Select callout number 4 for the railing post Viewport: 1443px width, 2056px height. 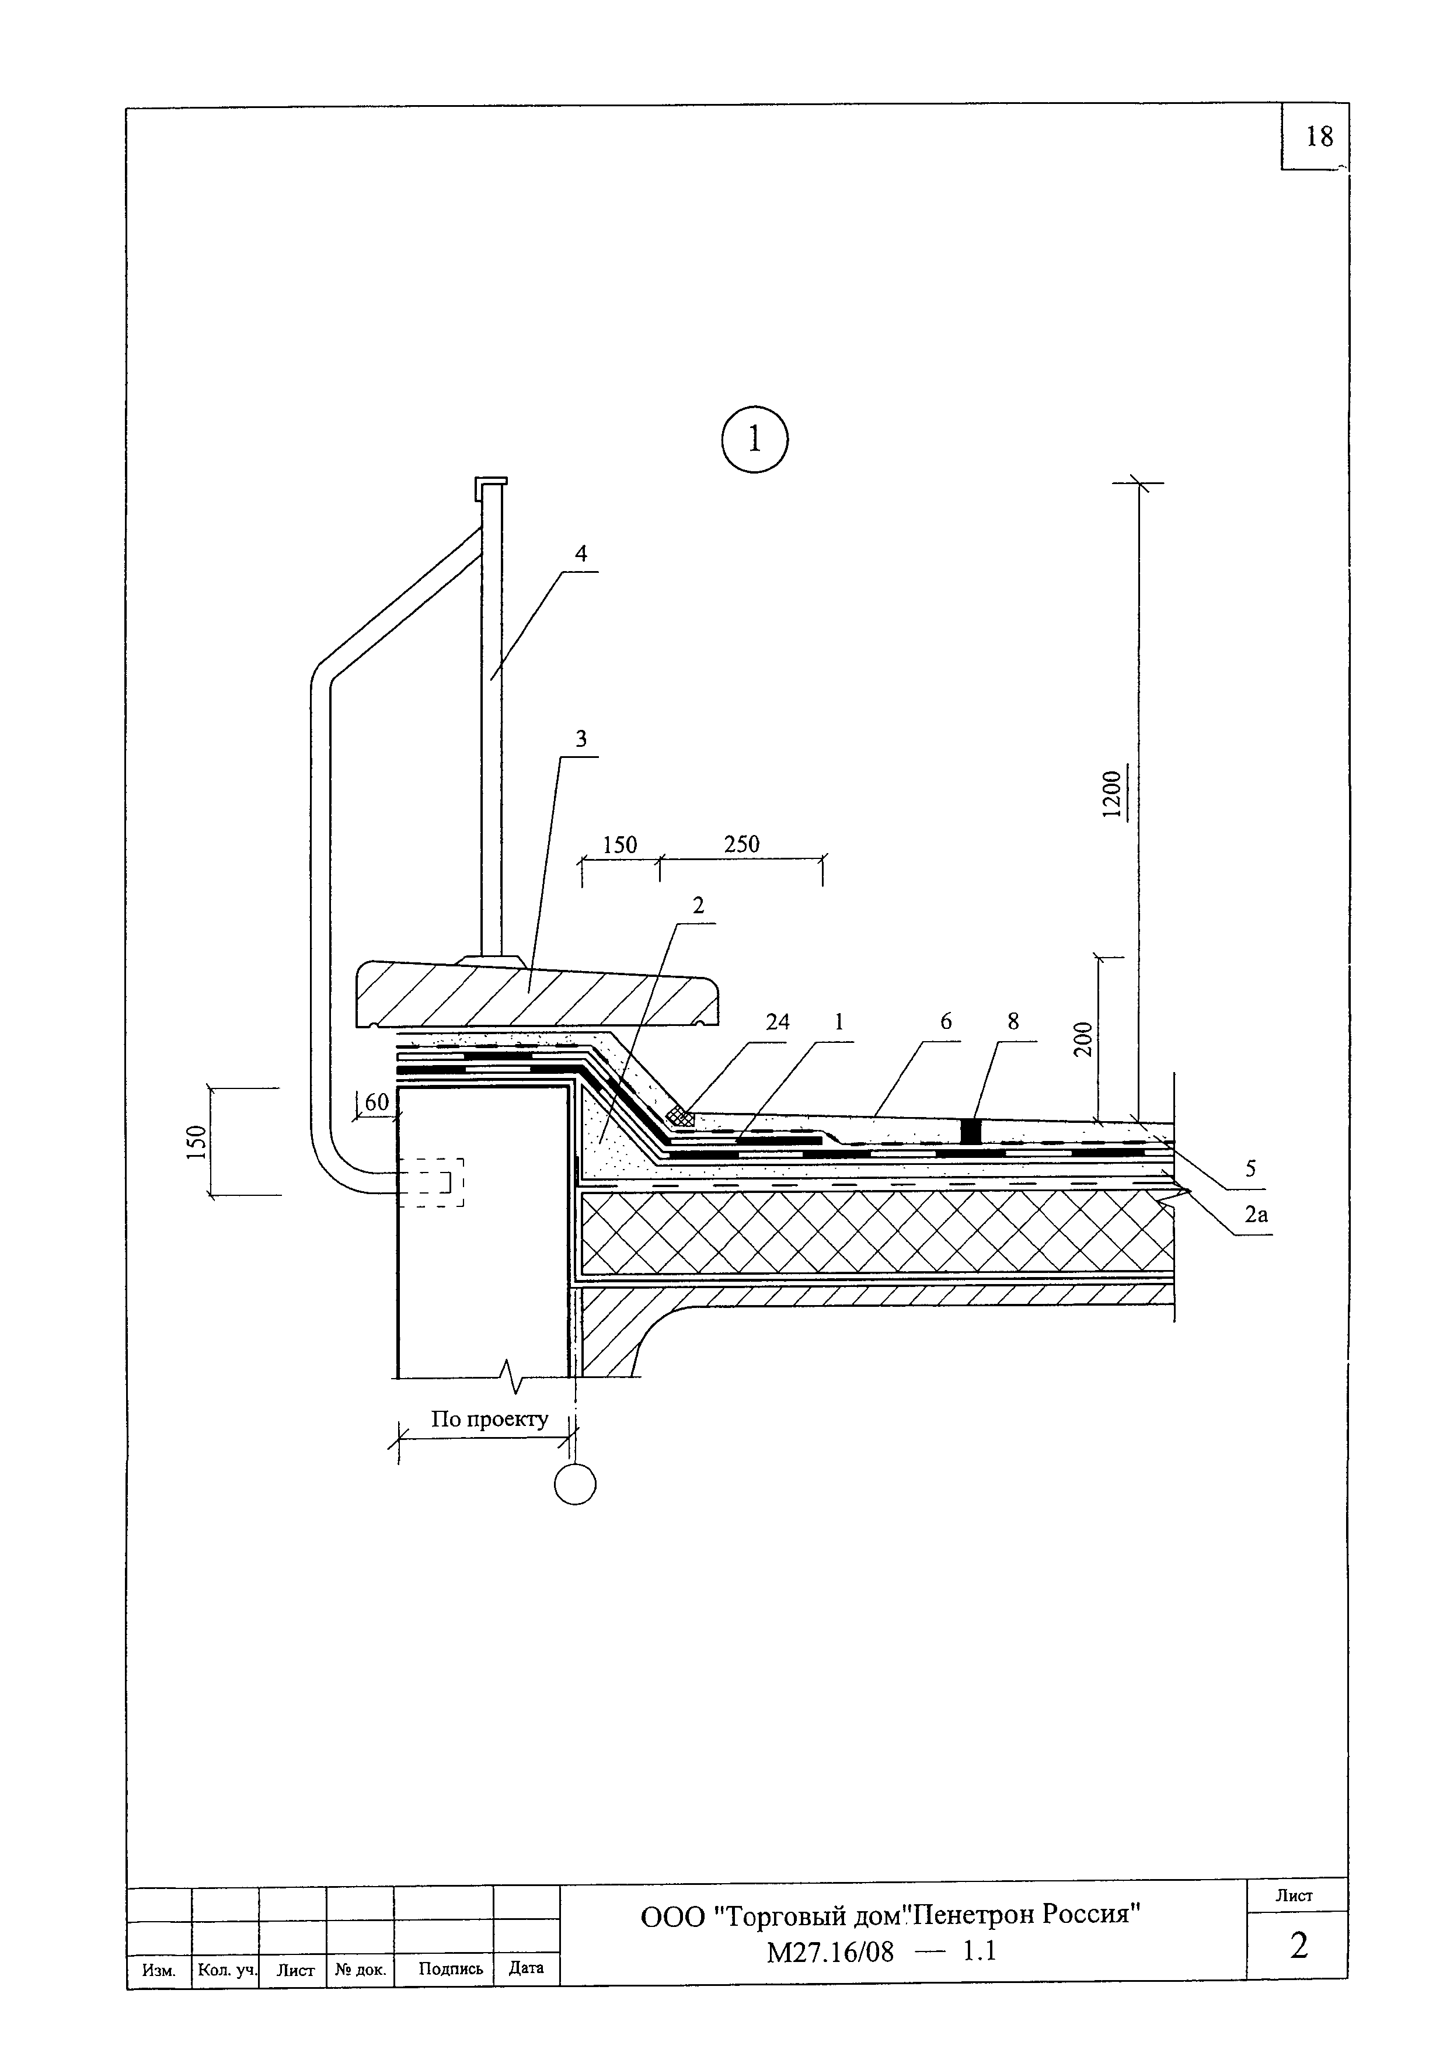tap(581, 554)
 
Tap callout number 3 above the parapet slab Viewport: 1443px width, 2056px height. tap(581, 739)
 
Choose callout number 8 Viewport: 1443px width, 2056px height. tap(1012, 1022)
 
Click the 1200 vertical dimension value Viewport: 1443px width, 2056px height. tap(1111, 794)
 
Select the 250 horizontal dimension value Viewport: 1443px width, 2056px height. tap(741, 844)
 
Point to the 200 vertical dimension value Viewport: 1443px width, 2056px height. tap(1083, 1039)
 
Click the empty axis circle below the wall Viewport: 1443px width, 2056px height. tap(575, 1485)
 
